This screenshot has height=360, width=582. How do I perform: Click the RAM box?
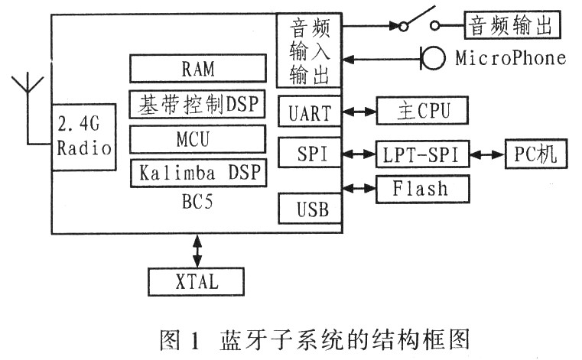tap(198, 69)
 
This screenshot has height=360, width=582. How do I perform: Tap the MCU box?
tap(198, 140)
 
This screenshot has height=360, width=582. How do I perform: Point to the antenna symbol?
tap(28, 88)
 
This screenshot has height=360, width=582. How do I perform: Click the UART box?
tap(310, 113)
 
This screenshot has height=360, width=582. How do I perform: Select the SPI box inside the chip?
tap(310, 154)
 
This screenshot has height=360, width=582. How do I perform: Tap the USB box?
tap(310, 207)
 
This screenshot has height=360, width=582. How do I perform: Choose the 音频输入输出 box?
tap(310, 51)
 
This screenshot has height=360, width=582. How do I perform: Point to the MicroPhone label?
tap(511, 58)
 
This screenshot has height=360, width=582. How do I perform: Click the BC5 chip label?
tap(197, 203)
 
